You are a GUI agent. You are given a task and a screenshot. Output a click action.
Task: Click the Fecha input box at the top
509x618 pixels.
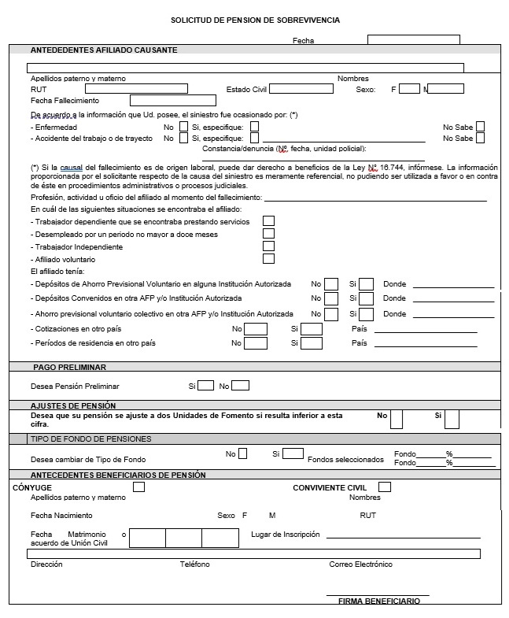click(x=413, y=39)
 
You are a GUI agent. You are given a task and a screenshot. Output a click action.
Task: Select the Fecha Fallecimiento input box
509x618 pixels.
click(x=172, y=101)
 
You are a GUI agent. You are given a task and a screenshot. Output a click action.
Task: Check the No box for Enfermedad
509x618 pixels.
click(x=183, y=126)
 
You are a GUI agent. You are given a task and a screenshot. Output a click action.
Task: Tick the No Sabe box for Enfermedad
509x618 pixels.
click(x=480, y=126)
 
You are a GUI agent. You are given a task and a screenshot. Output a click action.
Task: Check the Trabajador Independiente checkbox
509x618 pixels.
click(x=268, y=246)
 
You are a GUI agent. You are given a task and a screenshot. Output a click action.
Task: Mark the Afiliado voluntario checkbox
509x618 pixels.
click(x=268, y=259)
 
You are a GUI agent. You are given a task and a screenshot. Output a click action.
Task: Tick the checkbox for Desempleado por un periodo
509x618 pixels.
click(x=268, y=234)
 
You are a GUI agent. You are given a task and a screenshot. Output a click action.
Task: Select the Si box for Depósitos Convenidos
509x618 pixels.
click(x=366, y=298)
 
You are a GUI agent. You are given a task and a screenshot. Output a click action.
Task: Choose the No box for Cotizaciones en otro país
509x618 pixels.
click(x=256, y=328)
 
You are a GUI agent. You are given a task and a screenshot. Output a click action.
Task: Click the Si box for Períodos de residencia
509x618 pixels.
click(x=312, y=343)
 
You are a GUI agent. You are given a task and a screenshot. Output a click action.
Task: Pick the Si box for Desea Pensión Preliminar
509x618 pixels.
click(x=205, y=386)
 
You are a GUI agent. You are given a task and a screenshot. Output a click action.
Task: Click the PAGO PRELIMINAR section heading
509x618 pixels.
click(x=70, y=367)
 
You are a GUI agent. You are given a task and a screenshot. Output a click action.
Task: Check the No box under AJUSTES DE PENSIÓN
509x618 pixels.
click(x=397, y=420)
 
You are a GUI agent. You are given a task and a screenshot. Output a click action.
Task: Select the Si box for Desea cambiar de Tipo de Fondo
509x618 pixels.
click(x=293, y=453)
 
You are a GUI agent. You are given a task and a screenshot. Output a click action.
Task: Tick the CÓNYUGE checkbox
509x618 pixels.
click(x=139, y=487)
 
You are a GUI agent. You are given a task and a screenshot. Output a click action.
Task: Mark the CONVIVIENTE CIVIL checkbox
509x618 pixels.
click(x=385, y=487)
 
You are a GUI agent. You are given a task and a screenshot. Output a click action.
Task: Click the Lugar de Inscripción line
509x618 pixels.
click(x=403, y=536)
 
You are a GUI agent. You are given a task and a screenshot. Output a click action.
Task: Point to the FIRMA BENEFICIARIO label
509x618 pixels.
click(x=378, y=601)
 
